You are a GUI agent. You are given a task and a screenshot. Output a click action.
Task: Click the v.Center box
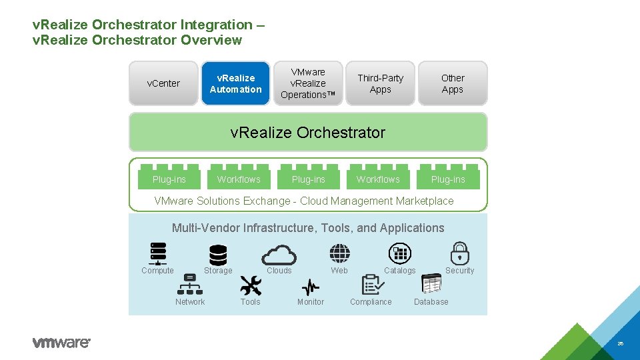click(x=163, y=83)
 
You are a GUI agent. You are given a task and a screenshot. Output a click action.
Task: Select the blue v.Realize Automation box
click(x=236, y=83)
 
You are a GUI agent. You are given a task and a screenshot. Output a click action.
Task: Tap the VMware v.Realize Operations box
click(x=308, y=83)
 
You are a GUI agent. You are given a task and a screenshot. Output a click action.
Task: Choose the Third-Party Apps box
click(x=380, y=83)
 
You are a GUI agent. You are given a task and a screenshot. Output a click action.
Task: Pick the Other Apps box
click(x=453, y=83)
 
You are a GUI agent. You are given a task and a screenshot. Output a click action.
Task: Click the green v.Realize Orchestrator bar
click(x=308, y=132)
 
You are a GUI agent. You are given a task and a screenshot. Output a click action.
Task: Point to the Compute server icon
click(x=158, y=254)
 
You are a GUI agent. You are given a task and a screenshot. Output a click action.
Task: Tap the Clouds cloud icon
click(x=279, y=255)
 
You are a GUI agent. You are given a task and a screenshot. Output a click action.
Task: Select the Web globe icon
click(x=339, y=253)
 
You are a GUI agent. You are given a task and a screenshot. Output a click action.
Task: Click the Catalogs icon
click(x=400, y=253)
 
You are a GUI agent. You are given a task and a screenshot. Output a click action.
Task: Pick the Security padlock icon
click(x=460, y=253)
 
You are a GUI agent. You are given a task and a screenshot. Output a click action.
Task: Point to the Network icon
click(x=190, y=285)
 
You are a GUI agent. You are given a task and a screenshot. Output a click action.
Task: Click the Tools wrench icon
click(x=251, y=285)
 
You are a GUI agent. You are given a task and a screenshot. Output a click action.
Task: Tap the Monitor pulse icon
click(x=311, y=287)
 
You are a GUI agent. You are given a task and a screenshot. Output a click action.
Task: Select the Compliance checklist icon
click(x=372, y=285)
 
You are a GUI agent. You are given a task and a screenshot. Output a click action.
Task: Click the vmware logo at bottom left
click(x=61, y=343)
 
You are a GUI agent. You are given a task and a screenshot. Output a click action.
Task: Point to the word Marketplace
click(x=424, y=201)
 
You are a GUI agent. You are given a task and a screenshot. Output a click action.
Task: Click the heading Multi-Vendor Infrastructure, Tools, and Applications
click(x=308, y=228)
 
